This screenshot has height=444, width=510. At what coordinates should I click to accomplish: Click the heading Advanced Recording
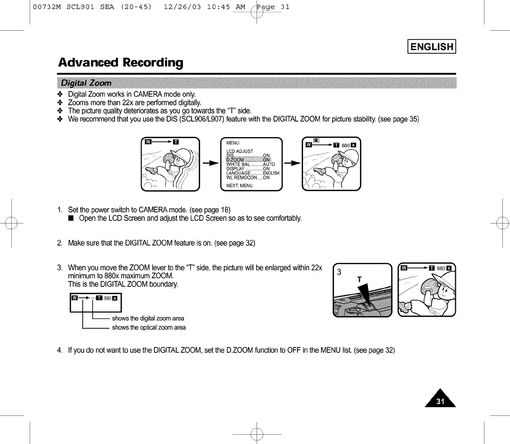point(121,63)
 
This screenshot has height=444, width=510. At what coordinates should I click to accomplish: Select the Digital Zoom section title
point(86,83)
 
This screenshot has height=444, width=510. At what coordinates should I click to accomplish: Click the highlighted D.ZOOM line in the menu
point(248,160)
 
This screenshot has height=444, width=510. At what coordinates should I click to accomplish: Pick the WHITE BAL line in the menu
point(250,164)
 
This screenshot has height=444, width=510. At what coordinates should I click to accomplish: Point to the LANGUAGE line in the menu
point(252,173)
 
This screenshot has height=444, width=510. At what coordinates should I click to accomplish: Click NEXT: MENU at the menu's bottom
point(240,186)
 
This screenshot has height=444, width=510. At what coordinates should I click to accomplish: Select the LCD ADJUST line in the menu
point(240,151)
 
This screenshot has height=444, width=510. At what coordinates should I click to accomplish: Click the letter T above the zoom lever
point(359,280)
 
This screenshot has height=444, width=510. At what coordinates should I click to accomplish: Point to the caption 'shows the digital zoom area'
point(148,318)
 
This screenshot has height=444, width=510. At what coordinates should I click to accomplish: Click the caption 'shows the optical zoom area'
point(149,327)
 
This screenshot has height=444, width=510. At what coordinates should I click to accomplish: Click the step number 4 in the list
point(60,350)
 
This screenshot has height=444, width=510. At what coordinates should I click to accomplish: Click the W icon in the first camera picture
point(149,142)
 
